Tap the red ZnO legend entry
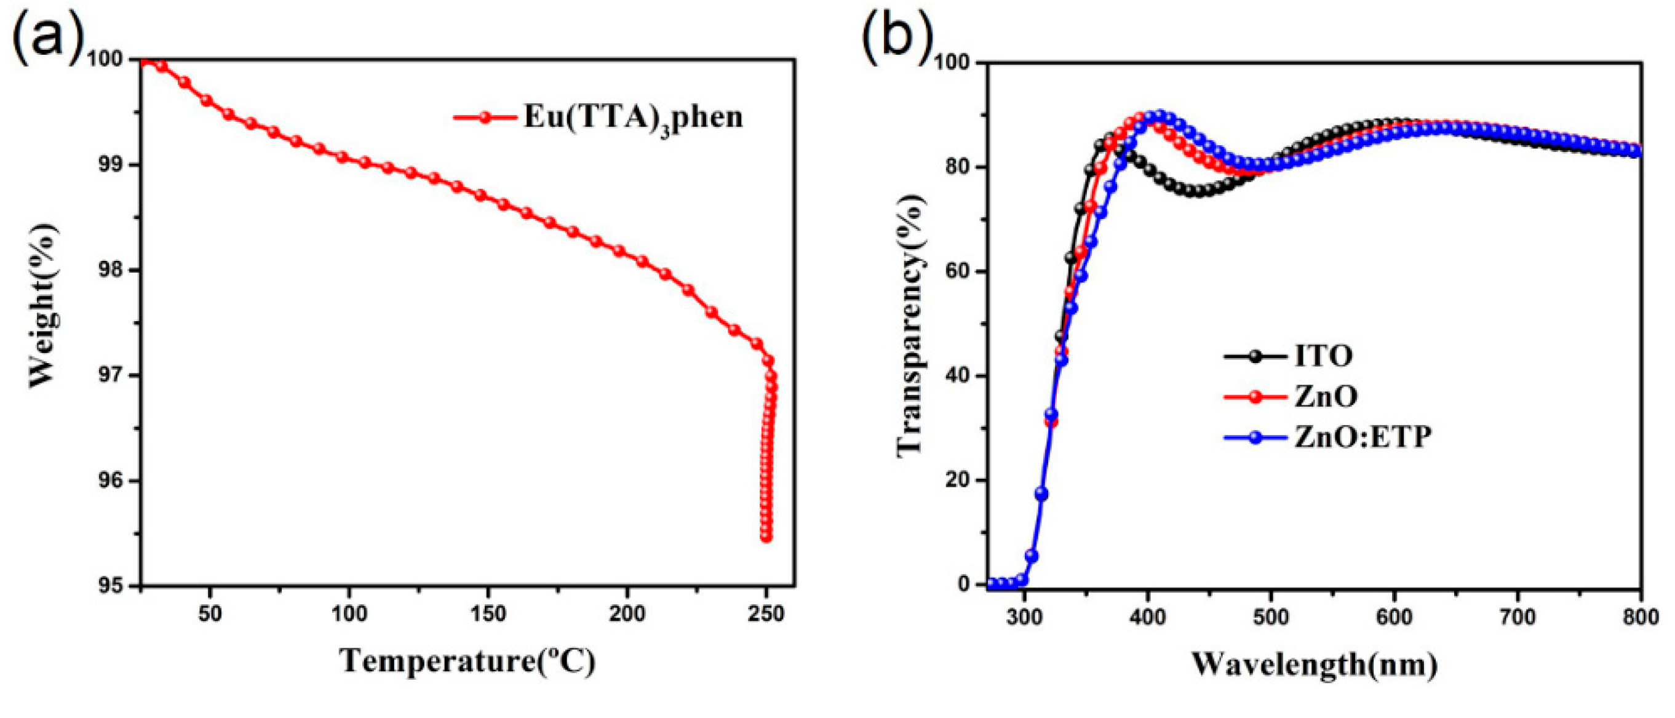pyautogui.click(x=1324, y=396)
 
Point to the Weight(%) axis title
pyautogui.click(x=43, y=306)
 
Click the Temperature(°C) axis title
pyautogui.click(x=467, y=661)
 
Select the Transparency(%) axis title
pyautogui.click(x=911, y=325)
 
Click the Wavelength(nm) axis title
pyautogui.click(x=1314, y=664)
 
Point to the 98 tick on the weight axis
pyautogui.click(x=110, y=270)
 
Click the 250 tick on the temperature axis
pyautogui.click(x=766, y=613)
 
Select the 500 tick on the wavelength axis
pyautogui.click(x=1271, y=616)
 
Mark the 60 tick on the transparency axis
pyautogui.click(x=957, y=272)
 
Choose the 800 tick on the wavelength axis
pyautogui.click(x=1641, y=616)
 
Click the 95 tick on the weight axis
pyautogui.click(x=110, y=586)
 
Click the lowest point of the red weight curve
pyautogui.click(x=766, y=537)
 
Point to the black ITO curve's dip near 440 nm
pyautogui.click(x=1196, y=192)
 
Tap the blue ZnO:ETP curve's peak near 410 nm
pyautogui.click(x=1160, y=116)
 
